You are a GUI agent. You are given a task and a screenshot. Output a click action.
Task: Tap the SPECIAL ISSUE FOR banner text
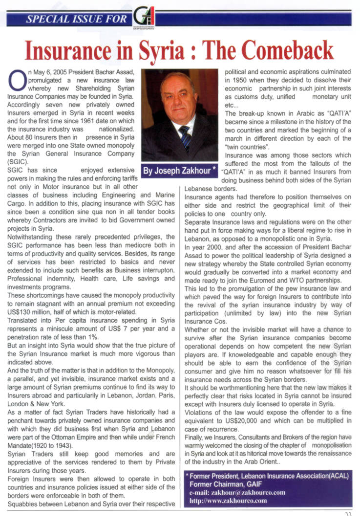click(72, 20)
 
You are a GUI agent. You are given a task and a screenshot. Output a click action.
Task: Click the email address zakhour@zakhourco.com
click(237, 492)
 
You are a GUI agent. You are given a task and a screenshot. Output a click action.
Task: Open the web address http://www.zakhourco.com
click(228, 501)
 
